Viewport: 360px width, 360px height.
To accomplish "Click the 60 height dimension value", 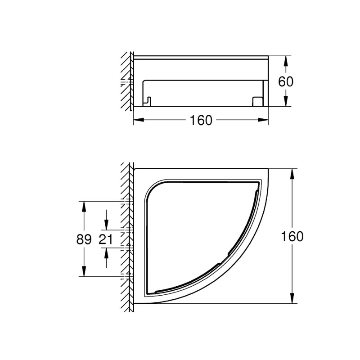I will tap(286, 81).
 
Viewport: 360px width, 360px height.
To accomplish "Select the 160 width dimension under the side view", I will tap(201, 120).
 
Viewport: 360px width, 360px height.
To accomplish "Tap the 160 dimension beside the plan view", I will tap(293, 236).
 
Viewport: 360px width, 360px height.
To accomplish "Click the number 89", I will tap(84, 239).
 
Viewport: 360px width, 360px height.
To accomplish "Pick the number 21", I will tap(106, 239).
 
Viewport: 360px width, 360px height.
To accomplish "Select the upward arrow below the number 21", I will tap(106, 253).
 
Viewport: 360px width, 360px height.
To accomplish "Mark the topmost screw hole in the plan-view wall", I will tap(127, 201).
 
